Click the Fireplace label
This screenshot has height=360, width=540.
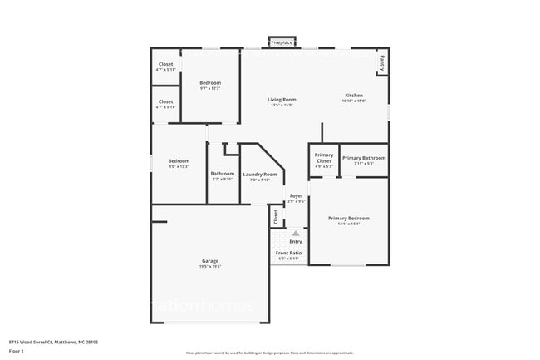click(282, 42)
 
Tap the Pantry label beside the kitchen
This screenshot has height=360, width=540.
click(382, 62)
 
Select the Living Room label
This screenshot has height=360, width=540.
click(282, 99)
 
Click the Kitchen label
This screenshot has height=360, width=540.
click(354, 96)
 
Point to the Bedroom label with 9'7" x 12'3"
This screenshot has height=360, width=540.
click(210, 83)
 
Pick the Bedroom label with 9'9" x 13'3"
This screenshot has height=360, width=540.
click(179, 160)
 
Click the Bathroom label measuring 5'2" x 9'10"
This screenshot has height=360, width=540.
click(222, 173)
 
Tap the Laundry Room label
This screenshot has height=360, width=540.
click(259, 174)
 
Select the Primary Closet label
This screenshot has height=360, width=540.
click(324, 158)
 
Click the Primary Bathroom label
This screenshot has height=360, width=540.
click(364, 158)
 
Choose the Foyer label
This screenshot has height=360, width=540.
click(296, 195)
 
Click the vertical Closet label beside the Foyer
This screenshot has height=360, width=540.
click(275, 217)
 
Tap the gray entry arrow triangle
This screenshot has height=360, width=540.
click(295, 234)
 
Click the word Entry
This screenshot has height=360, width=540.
click(296, 242)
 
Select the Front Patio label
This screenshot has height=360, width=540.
click(289, 253)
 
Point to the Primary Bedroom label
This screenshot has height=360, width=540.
click(348, 218)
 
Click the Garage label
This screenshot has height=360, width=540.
click(209, 260)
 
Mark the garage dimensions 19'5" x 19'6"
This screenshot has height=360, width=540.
click(209, 267)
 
